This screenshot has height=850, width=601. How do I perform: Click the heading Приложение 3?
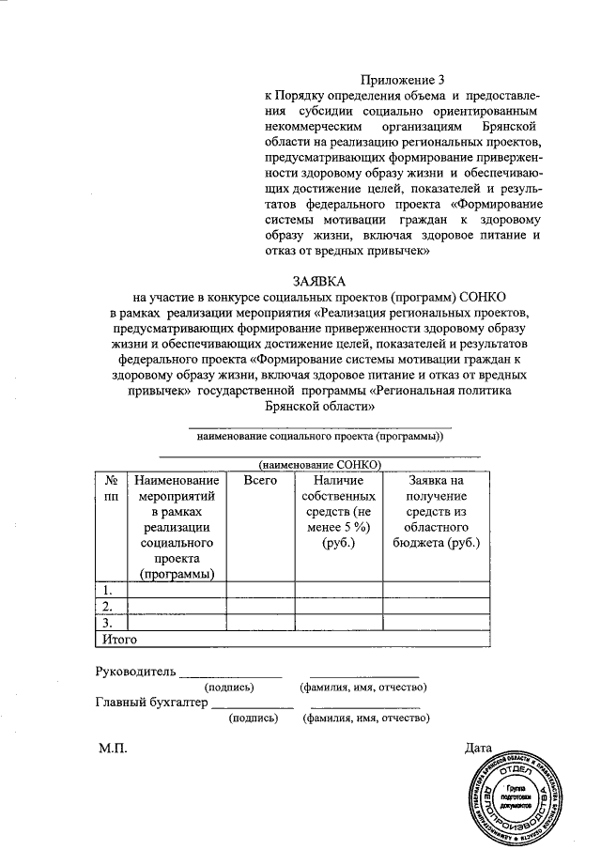(401, 82)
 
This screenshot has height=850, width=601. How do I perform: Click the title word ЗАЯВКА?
(320, 281)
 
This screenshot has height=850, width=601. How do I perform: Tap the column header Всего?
(259, 480)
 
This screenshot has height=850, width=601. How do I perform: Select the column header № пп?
(110, 487)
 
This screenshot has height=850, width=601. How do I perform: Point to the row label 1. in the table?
(109, 590)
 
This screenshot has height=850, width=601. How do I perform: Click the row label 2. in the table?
(109, 606)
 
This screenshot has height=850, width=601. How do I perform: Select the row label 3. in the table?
(109, 622)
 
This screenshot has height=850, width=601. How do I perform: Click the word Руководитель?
(135, 672)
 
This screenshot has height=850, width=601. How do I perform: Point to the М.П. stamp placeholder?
(111, 749)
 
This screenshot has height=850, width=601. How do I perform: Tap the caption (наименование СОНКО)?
(320, 464)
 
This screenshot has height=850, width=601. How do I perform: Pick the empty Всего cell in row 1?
(259, 590)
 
